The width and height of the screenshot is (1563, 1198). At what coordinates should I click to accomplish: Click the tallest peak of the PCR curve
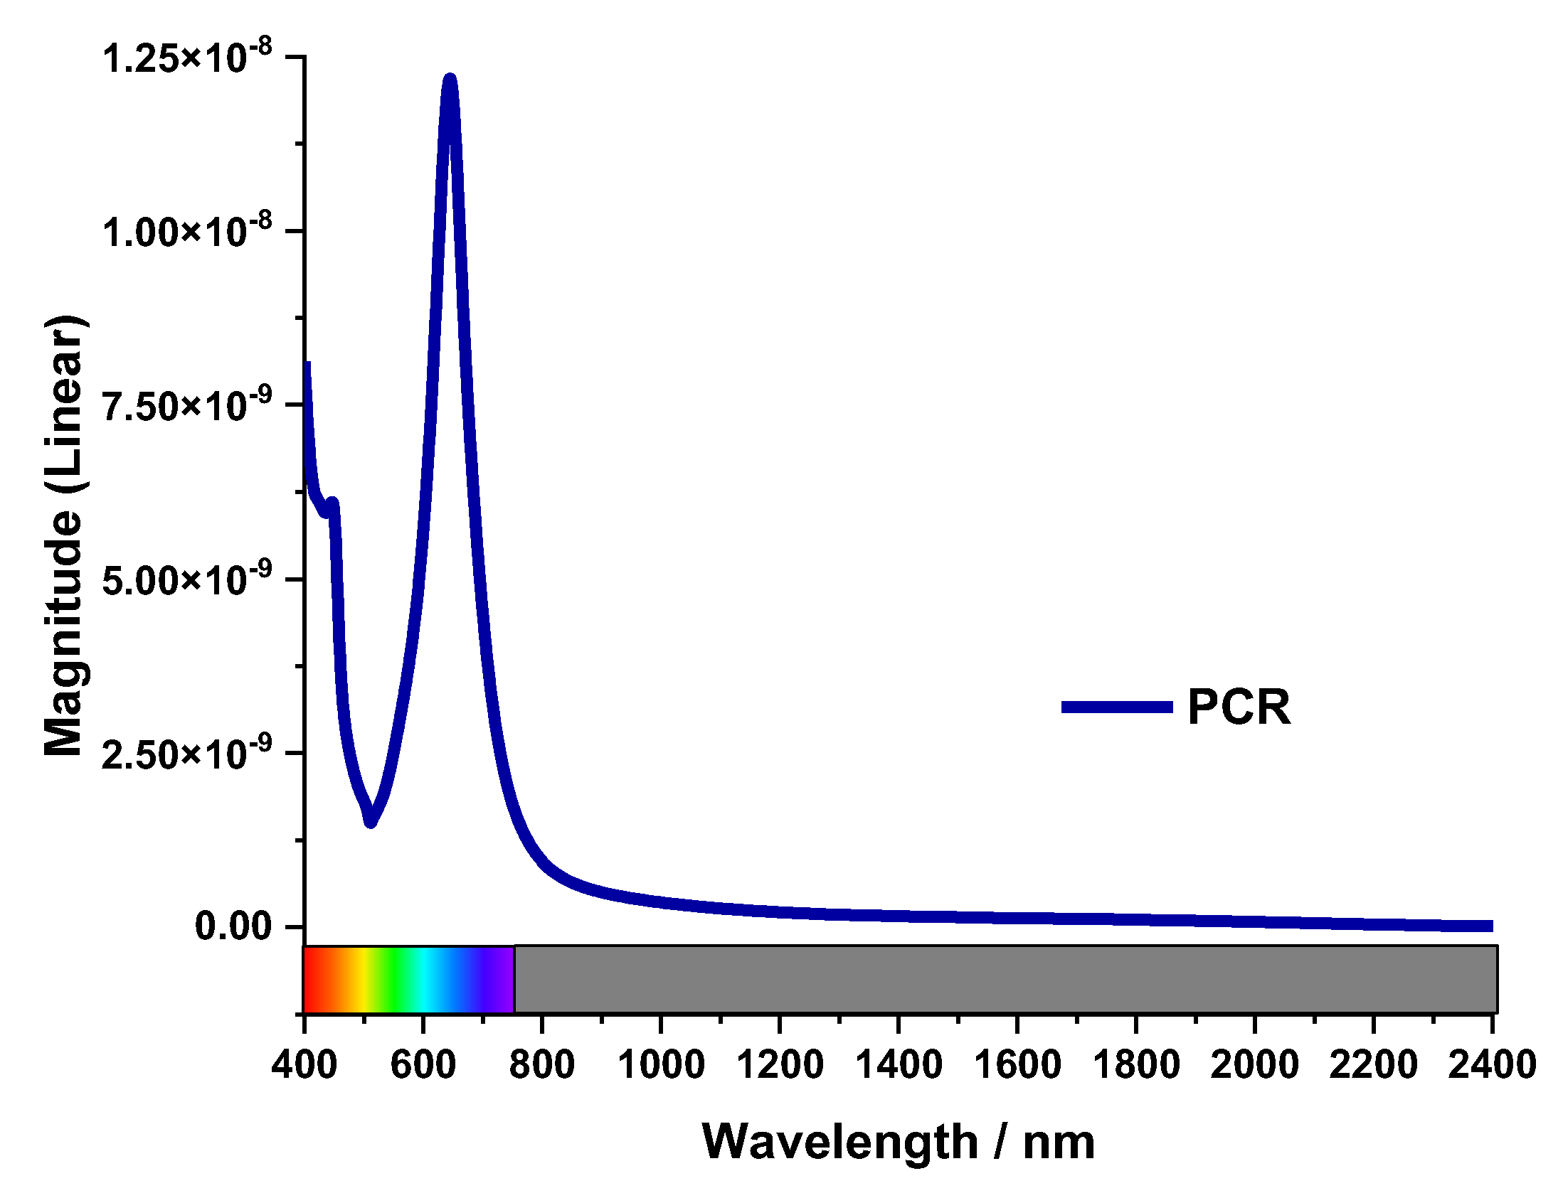coord(449,80)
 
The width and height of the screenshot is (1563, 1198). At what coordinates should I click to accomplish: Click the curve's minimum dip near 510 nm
coord(370,821)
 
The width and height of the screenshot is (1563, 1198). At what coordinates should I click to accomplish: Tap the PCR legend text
coord(1238,707)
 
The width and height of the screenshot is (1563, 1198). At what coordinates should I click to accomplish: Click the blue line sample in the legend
coord(1116,707)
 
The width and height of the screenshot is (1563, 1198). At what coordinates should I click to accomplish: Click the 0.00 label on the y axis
coord(233,926)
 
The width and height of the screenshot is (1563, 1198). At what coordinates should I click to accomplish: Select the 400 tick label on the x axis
coord(304,1065)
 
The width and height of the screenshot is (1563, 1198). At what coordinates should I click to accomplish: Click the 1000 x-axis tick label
coord(661,1065)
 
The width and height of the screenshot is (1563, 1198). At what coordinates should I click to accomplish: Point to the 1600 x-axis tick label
coord(1017,1065)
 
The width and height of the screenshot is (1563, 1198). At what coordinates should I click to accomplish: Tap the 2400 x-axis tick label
coord(1492,1065)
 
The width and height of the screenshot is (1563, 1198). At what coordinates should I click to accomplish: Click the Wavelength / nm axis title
coord(898,1143)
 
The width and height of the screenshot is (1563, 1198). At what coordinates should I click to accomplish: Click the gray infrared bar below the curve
coord(1006,979)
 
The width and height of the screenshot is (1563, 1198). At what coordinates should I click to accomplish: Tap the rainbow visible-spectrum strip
coord(409,979)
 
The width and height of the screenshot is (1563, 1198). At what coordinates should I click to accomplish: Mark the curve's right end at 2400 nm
coord(1490,926)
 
